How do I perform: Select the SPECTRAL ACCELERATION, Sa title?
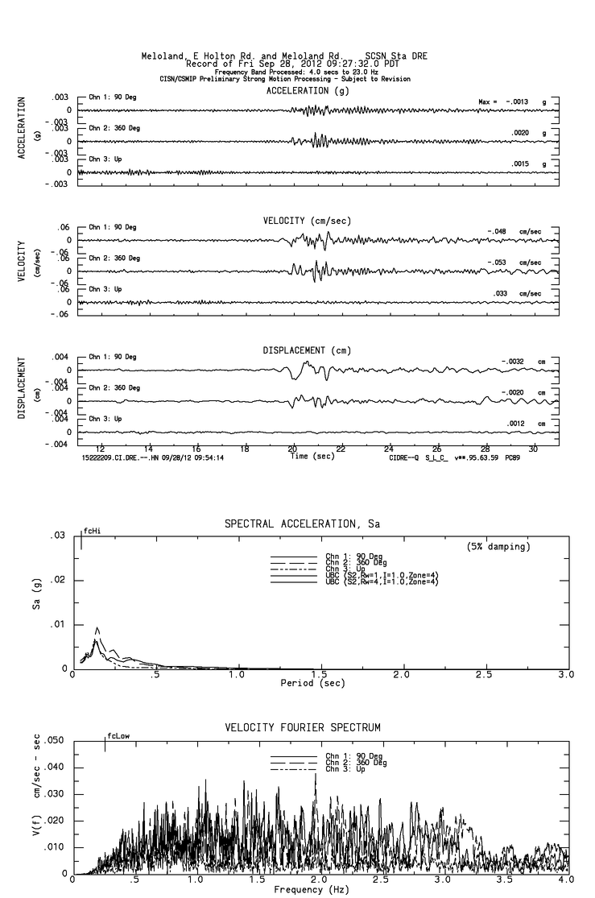[302, 524]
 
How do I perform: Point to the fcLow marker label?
[119, 735]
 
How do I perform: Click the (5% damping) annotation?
[498, 547]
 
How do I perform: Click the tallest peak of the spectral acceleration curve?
[97, 628]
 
